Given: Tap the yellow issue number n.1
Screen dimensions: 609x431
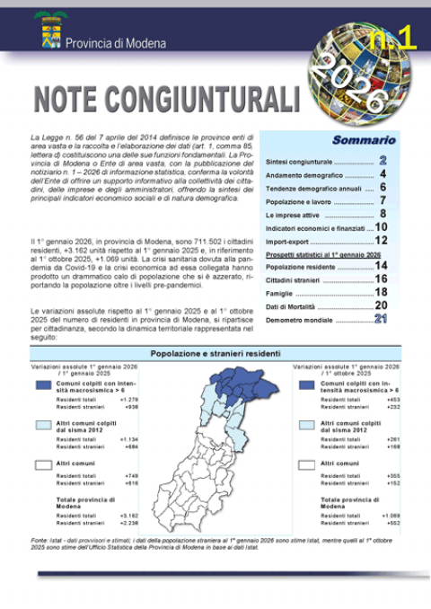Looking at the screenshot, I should [391, 38].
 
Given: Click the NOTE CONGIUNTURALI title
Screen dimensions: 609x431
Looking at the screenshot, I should [165, 96].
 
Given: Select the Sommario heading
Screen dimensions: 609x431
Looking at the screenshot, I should [364, 140].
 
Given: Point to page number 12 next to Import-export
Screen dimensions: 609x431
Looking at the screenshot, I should [381, 241].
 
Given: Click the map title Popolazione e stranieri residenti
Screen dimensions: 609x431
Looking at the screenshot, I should [215, 354].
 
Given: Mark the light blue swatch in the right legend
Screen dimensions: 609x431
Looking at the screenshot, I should [305, 425].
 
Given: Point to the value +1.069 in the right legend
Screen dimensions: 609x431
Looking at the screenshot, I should [391, 516].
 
